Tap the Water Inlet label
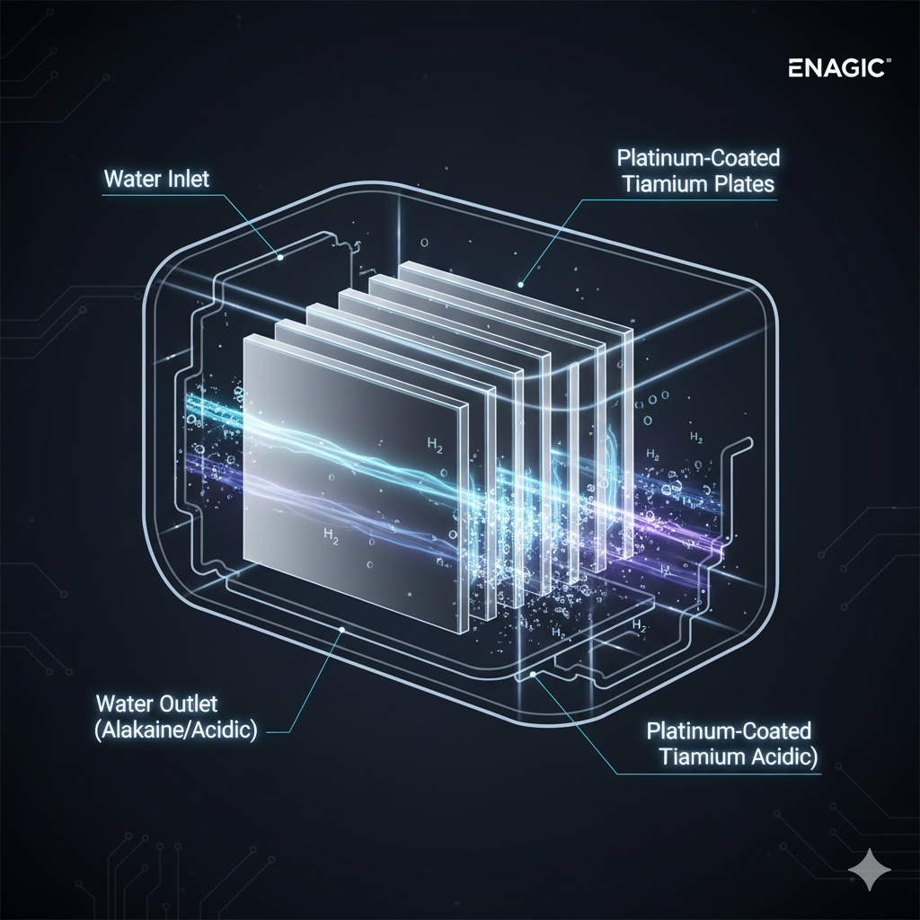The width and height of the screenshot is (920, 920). click(x=156, y=178)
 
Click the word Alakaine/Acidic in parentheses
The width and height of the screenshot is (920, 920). click(x=175, y=730)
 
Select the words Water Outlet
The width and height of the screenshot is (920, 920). click(x=156, y=703)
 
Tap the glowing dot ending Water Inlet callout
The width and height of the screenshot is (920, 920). click(x=279, y=257)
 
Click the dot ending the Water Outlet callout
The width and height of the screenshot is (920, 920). click(x=339, y=631)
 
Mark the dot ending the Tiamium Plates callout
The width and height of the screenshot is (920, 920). click(x=521, y=283)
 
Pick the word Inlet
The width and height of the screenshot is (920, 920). click(x=191, y=178)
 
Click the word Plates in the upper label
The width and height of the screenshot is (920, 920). click(x=747, y=184)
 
